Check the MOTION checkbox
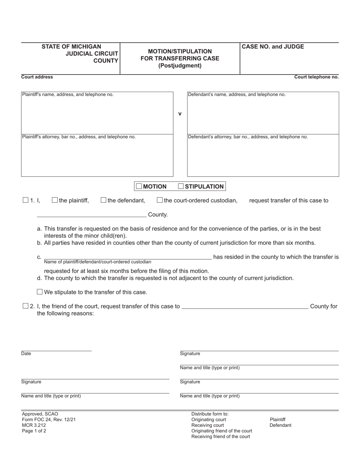tap(139, 186)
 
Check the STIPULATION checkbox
tap(181, 186)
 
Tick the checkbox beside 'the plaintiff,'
tap(55, 200)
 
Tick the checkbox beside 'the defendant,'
tap(103, 200)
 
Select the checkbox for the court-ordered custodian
tap(160, 200)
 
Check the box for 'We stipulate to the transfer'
tap(40, 292)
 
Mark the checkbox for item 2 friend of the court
tap(26, 306)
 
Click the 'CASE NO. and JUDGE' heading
tap(273, 47)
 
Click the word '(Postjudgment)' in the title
tap(180, 66)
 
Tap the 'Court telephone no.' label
tap(316, 77)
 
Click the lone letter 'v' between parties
tap(180, 114)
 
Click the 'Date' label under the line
tap(26, 354)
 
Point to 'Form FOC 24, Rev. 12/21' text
tap(46, 419)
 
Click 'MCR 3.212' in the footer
tap(34, 425)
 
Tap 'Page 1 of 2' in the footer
tap(34, 431)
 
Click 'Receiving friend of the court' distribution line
tap(221, 436)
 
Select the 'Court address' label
tap(37, 77)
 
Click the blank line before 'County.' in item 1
tap(92, 214)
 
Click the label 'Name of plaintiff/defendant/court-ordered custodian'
tap(98, 262)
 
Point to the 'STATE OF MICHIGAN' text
tap(72, 47)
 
